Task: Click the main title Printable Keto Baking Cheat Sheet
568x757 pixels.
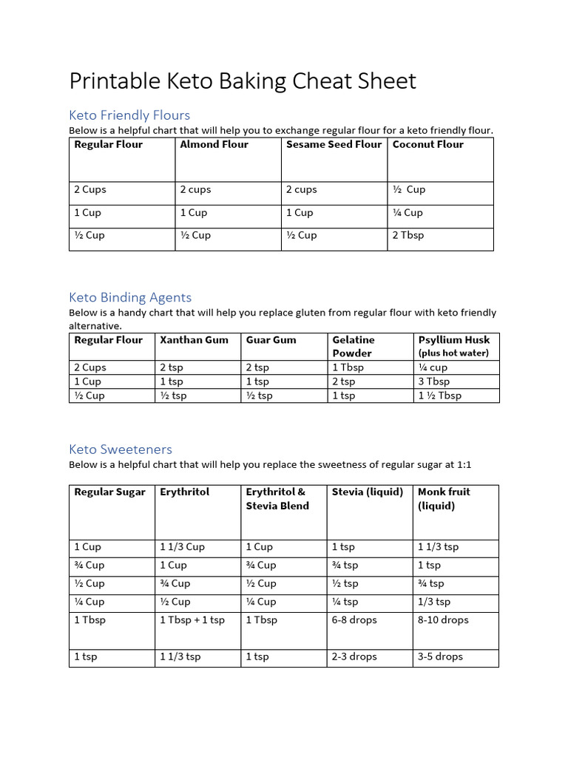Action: pos(243,81)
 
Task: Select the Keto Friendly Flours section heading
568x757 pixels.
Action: pos(129,115)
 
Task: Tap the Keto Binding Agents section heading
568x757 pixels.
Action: pos(130,297)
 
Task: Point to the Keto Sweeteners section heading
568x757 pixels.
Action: pos(121,449)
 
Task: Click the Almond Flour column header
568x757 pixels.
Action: pos(214,145)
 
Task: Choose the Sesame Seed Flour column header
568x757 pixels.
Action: pos(334,145)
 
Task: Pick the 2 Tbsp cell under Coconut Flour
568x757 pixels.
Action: pos(408,236)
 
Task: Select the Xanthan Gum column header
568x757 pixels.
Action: pos(194,340)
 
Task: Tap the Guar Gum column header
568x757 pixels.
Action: pos(271,340)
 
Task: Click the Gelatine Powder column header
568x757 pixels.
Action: pos(354,347)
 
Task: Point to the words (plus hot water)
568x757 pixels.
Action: pos(453,353)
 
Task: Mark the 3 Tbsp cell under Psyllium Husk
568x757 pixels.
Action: pos(433,381)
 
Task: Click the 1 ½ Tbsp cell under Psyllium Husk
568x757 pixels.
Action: pos(439,396)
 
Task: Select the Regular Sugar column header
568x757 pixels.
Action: pos(109,492)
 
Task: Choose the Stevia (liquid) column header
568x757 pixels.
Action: pos(368,492)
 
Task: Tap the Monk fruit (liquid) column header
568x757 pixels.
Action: pos(444,499)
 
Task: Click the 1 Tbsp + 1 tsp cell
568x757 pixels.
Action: pos(192,620)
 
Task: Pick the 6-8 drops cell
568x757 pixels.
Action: pos(354,620)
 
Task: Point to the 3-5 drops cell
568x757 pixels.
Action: pos(440,656)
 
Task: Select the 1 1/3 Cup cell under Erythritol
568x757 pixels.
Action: pos(182,547)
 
